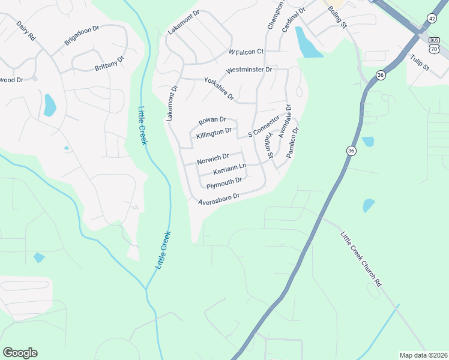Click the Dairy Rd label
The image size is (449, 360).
pos(26,31)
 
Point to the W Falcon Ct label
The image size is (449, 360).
pos(246,52)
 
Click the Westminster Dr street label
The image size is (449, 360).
pos(249,70)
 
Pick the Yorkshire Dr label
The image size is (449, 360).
pos(218,89)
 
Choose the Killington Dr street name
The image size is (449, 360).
pos(214,133)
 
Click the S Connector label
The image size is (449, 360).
pos(264,127)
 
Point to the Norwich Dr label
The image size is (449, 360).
pos(213,159)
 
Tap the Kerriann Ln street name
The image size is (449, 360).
pos(229,169)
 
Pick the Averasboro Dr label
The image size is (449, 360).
pos(220,198)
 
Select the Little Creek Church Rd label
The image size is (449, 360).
pos(361,258)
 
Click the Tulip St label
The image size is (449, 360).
pos(420,62)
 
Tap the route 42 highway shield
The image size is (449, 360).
pos(432,18)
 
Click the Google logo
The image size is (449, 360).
pos(20,353)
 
